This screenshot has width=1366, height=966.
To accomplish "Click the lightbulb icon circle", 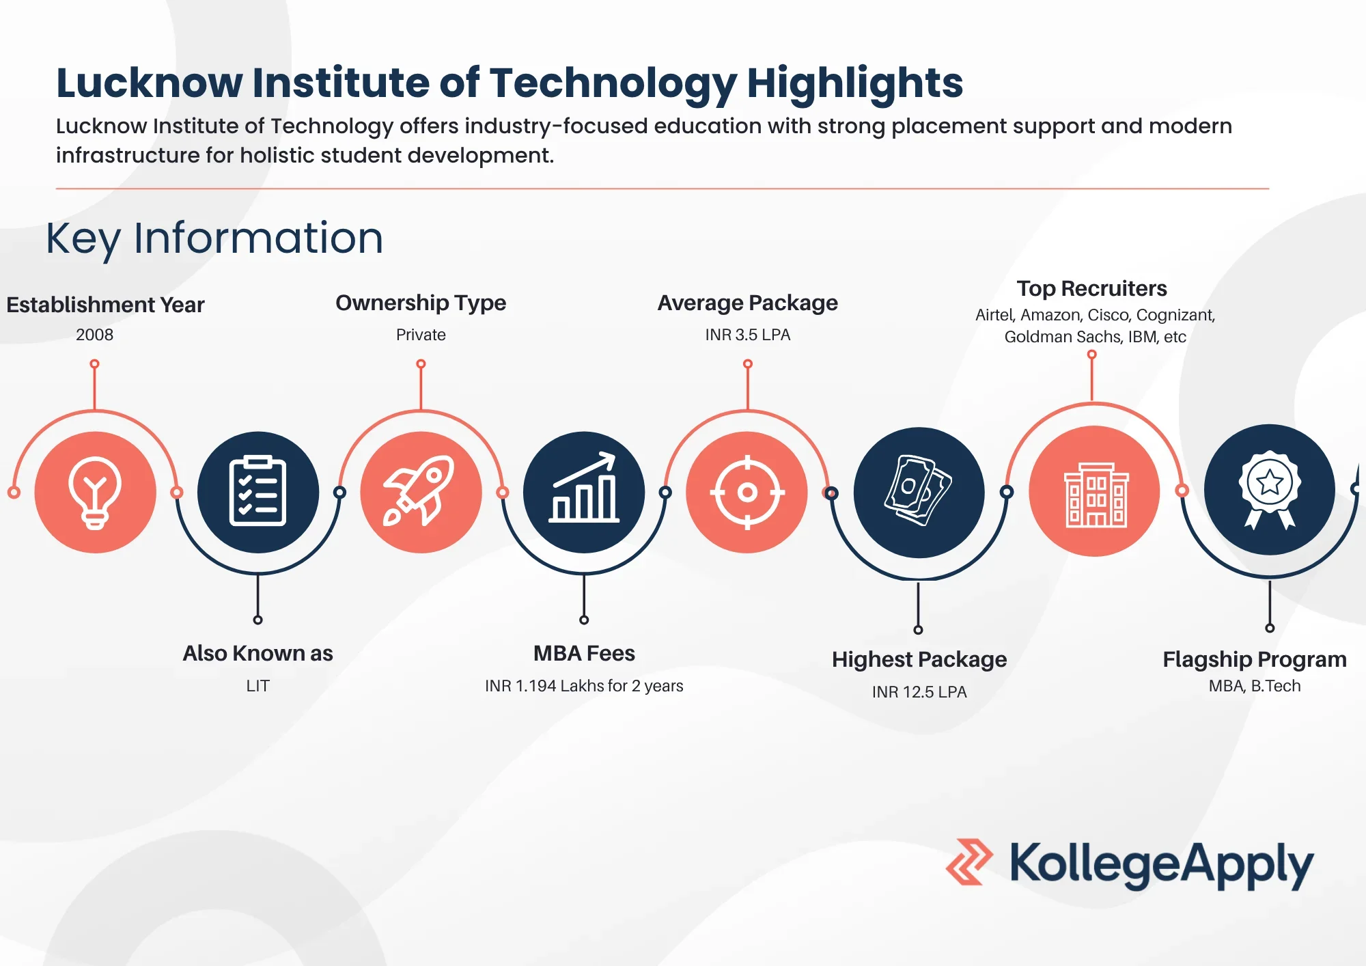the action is pos(95,492).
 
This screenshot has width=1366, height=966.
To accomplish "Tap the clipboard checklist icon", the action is pos(257,491).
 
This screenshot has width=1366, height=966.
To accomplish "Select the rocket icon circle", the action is pos(421,492).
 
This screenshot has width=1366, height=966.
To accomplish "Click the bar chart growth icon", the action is pos(584,488).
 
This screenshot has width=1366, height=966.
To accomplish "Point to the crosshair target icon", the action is pos(747,492).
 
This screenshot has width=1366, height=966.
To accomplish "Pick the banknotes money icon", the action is pos(919,491).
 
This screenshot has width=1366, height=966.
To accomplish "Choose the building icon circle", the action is pos(1094,491).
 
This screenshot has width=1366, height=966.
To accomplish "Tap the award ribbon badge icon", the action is pos(1270,490).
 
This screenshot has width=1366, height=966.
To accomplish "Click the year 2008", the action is pos(95,335).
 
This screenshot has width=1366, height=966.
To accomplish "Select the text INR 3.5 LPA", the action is pos(748,335).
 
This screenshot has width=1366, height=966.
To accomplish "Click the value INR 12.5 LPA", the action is pos(919,692).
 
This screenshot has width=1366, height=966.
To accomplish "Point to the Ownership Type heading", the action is pos(421,303).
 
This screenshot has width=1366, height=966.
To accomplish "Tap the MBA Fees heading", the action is pos(584,653).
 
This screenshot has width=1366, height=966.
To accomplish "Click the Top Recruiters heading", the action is pos(1091,288).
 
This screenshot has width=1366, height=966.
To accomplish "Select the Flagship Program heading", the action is pos(1255,659).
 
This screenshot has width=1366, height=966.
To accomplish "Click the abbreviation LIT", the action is pos(257,686).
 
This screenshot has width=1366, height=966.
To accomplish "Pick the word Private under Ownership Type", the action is pos(421,335).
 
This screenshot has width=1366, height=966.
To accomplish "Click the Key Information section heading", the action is pos(214,238).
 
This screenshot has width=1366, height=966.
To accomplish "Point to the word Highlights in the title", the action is pos(854,83).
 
